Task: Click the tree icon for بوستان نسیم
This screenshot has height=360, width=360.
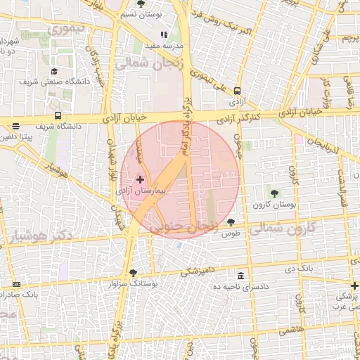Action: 141,4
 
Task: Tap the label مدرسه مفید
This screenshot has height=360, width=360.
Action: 164,46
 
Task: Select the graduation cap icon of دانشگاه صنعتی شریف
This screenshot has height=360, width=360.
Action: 54,72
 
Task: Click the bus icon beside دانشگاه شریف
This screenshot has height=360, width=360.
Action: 58,116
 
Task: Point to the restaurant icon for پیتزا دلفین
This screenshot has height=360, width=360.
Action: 15,127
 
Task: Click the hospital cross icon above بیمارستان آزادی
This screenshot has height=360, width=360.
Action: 140,180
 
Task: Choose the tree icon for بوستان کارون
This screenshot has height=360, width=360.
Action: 274,193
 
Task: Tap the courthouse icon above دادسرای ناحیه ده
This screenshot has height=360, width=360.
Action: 241,276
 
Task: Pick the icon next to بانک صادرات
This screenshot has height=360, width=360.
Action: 17,284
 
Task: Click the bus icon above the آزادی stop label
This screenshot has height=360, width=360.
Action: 238,91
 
